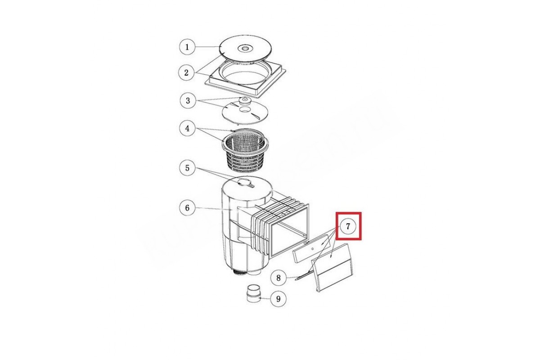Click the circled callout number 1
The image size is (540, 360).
187,47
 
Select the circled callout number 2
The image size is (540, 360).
186,72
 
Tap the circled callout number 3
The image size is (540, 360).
188,100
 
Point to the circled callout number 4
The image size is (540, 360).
188,128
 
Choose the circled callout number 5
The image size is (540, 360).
188,168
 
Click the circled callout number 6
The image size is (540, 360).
188,207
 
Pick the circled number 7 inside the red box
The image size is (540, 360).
348,226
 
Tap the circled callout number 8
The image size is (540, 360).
279,278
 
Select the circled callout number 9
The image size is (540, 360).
279,299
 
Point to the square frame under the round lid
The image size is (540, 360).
245,79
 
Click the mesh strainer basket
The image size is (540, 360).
245,151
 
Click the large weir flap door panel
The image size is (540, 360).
333,268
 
